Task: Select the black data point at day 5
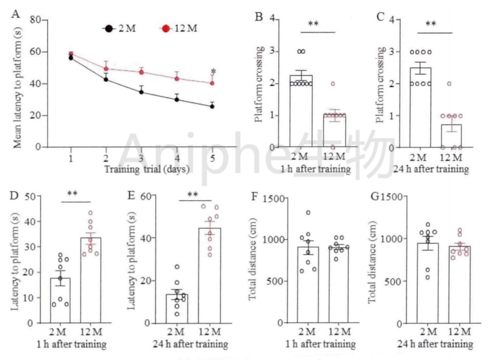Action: [212, 106]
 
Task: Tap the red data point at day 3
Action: [142, 72]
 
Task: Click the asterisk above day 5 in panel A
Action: [214, 71]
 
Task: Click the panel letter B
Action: [259, 17]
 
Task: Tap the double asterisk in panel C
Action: [431, 24]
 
